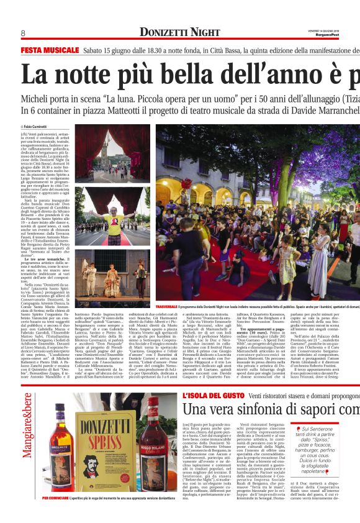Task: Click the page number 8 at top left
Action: point(23,33)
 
